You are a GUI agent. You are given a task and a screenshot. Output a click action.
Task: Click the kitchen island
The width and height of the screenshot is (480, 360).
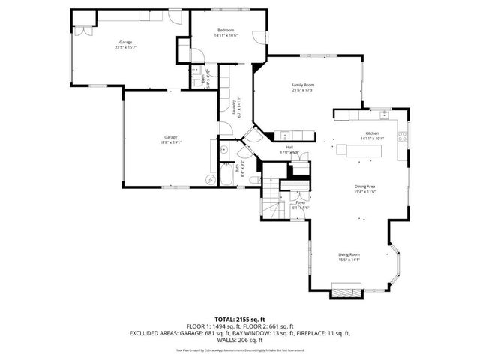pyautogui.click(x=358, y=151)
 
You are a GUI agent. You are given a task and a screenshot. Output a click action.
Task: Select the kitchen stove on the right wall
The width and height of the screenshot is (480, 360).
pyautogui.click(x=403, y=137)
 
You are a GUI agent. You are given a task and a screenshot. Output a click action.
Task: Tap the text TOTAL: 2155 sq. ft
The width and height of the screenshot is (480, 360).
pyautogui.click(x=240, y=319)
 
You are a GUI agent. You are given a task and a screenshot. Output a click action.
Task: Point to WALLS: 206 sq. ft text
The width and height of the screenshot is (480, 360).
pyautogui.click(x=240, y=340)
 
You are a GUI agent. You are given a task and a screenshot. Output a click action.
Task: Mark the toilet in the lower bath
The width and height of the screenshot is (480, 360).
pyautogui.click(x=223, y=149)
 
